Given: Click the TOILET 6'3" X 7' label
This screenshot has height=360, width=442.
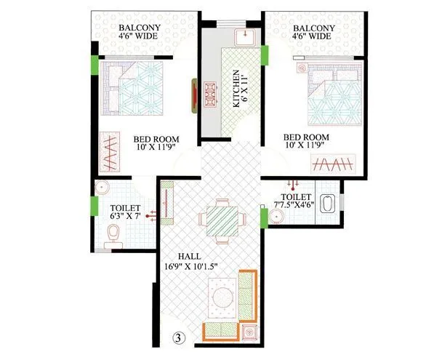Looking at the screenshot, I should click(116, 212).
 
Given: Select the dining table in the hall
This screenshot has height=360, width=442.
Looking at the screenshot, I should click(220, 220).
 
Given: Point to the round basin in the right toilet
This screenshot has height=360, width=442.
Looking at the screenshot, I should click(277, 215).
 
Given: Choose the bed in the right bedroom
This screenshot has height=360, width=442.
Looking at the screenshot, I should click(334, 95).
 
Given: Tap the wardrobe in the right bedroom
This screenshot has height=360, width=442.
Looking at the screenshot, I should click(334, 163).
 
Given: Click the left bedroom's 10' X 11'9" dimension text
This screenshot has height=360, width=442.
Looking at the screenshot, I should click(156, 151).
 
